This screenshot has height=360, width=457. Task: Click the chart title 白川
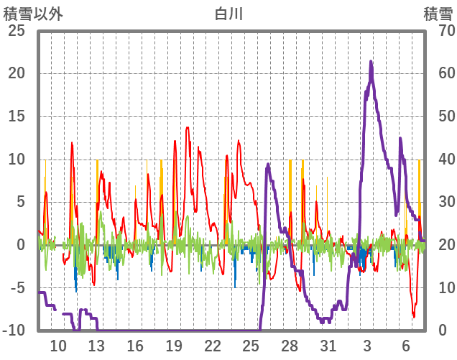click(229, 14)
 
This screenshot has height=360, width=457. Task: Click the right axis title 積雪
click(438, 14)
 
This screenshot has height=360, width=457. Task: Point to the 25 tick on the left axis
click(16, 31)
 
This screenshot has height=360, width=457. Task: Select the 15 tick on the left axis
click(16, 116)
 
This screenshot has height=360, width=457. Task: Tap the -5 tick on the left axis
click(16, 288)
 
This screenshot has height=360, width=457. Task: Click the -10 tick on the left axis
click(14, 331)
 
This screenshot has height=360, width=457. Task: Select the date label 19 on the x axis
click(173, 345)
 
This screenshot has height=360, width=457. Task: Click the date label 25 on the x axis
click(251, 345)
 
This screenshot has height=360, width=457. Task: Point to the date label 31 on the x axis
click(328, 345)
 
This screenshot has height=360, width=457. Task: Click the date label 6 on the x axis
click(406, 345)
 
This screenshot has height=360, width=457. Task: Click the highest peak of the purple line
click(371, 62)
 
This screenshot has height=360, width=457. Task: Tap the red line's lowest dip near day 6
click(414, 317)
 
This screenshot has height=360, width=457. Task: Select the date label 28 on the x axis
click(290, 345)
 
